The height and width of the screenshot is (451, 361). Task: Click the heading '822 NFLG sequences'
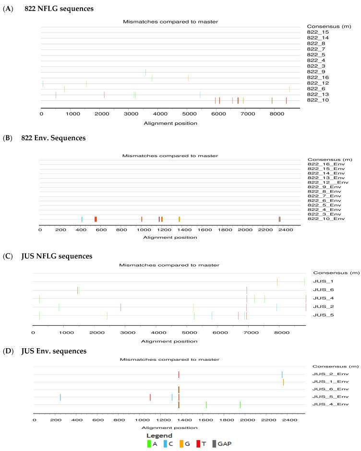pyautogui.click(x=52, y=9)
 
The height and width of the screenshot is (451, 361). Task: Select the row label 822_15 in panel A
pyautogui.click(x=317, y=32)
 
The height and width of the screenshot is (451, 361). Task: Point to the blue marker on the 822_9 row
pyautogui.click(x=145, y=72)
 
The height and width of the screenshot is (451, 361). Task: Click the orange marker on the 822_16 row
pyautogui.click(x=188, y=77)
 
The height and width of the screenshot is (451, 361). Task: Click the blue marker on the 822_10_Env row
pyautogui.click(x=82, y=219)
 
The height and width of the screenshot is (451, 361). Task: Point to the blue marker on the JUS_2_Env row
pyautogui.click(x=282, y=374)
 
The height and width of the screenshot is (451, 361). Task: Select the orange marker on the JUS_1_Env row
pyautogui.click(x=283, y=382)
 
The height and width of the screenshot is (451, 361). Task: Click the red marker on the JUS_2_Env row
pyautogui.click(x=179, y=374)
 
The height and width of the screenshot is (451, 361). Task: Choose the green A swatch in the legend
pyautogui.click(x=149, y=443)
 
